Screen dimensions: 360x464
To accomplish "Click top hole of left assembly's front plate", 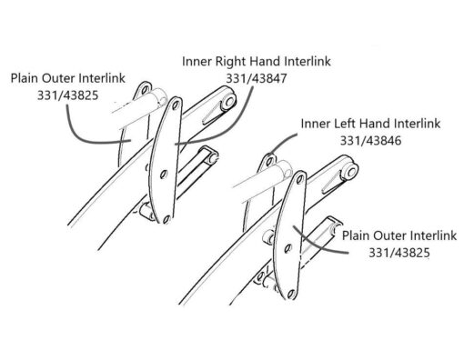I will click(169, 111).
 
